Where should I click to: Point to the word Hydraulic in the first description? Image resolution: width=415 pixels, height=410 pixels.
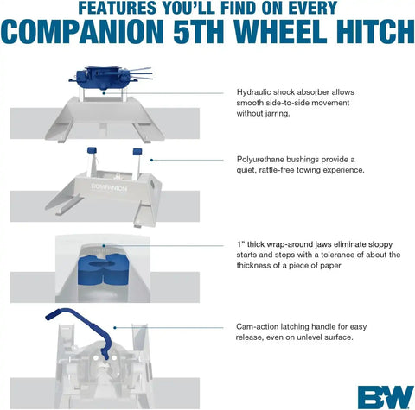[x=257, y=91]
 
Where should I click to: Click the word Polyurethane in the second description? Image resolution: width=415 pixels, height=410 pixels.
[x=264, y=160]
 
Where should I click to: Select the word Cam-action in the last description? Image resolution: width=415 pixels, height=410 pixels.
[x=259, y=327]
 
